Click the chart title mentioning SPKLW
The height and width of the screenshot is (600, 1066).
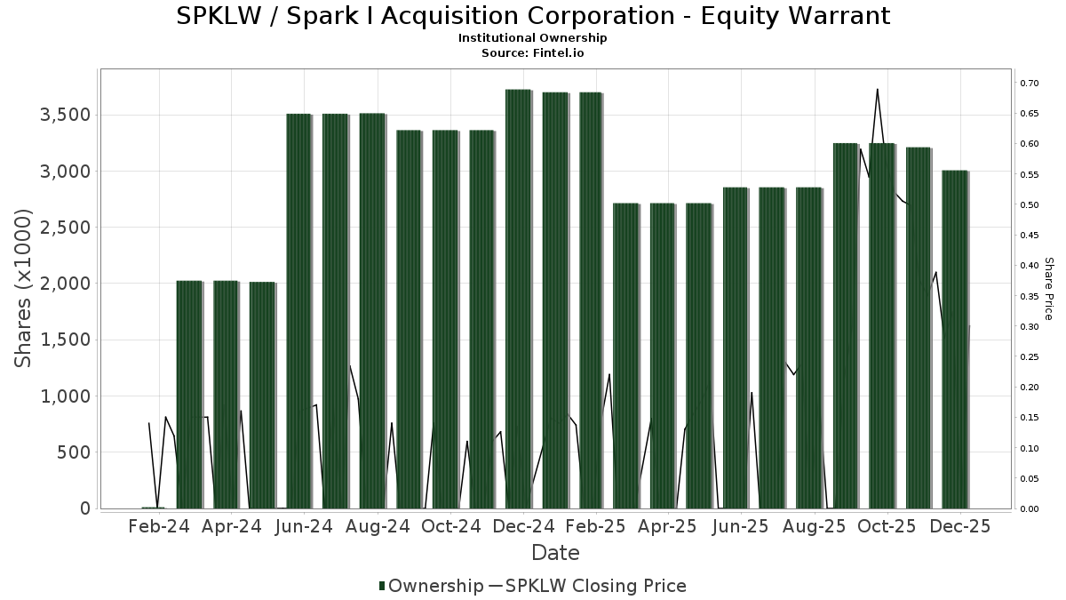click(x=533, y=16)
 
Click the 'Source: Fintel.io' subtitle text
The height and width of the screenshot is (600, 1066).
click(x=533, y=53)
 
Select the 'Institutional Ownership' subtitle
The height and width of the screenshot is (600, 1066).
click(x=533, y=38)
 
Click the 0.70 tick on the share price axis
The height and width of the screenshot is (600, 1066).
click(x=1030, y=84)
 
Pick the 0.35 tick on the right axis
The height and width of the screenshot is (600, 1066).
click(x=1030, y=297)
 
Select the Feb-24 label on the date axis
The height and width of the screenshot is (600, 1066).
click(x=159, y=526)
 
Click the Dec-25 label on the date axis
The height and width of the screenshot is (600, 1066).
click(x=961, y=526)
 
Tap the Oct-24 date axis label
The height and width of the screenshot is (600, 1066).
click(x=451, y=526)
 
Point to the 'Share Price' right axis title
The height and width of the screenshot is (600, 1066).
click(x=1048, y=288)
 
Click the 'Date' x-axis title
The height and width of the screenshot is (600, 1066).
click(x=555, y=553)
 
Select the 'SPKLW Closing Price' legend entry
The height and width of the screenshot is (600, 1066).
click(x=586, y=586)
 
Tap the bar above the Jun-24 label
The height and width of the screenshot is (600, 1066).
click(x=299, y=311)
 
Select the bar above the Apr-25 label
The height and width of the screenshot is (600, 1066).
click(x=664, y=356)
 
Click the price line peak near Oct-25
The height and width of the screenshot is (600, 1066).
click(x=878, y=90)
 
